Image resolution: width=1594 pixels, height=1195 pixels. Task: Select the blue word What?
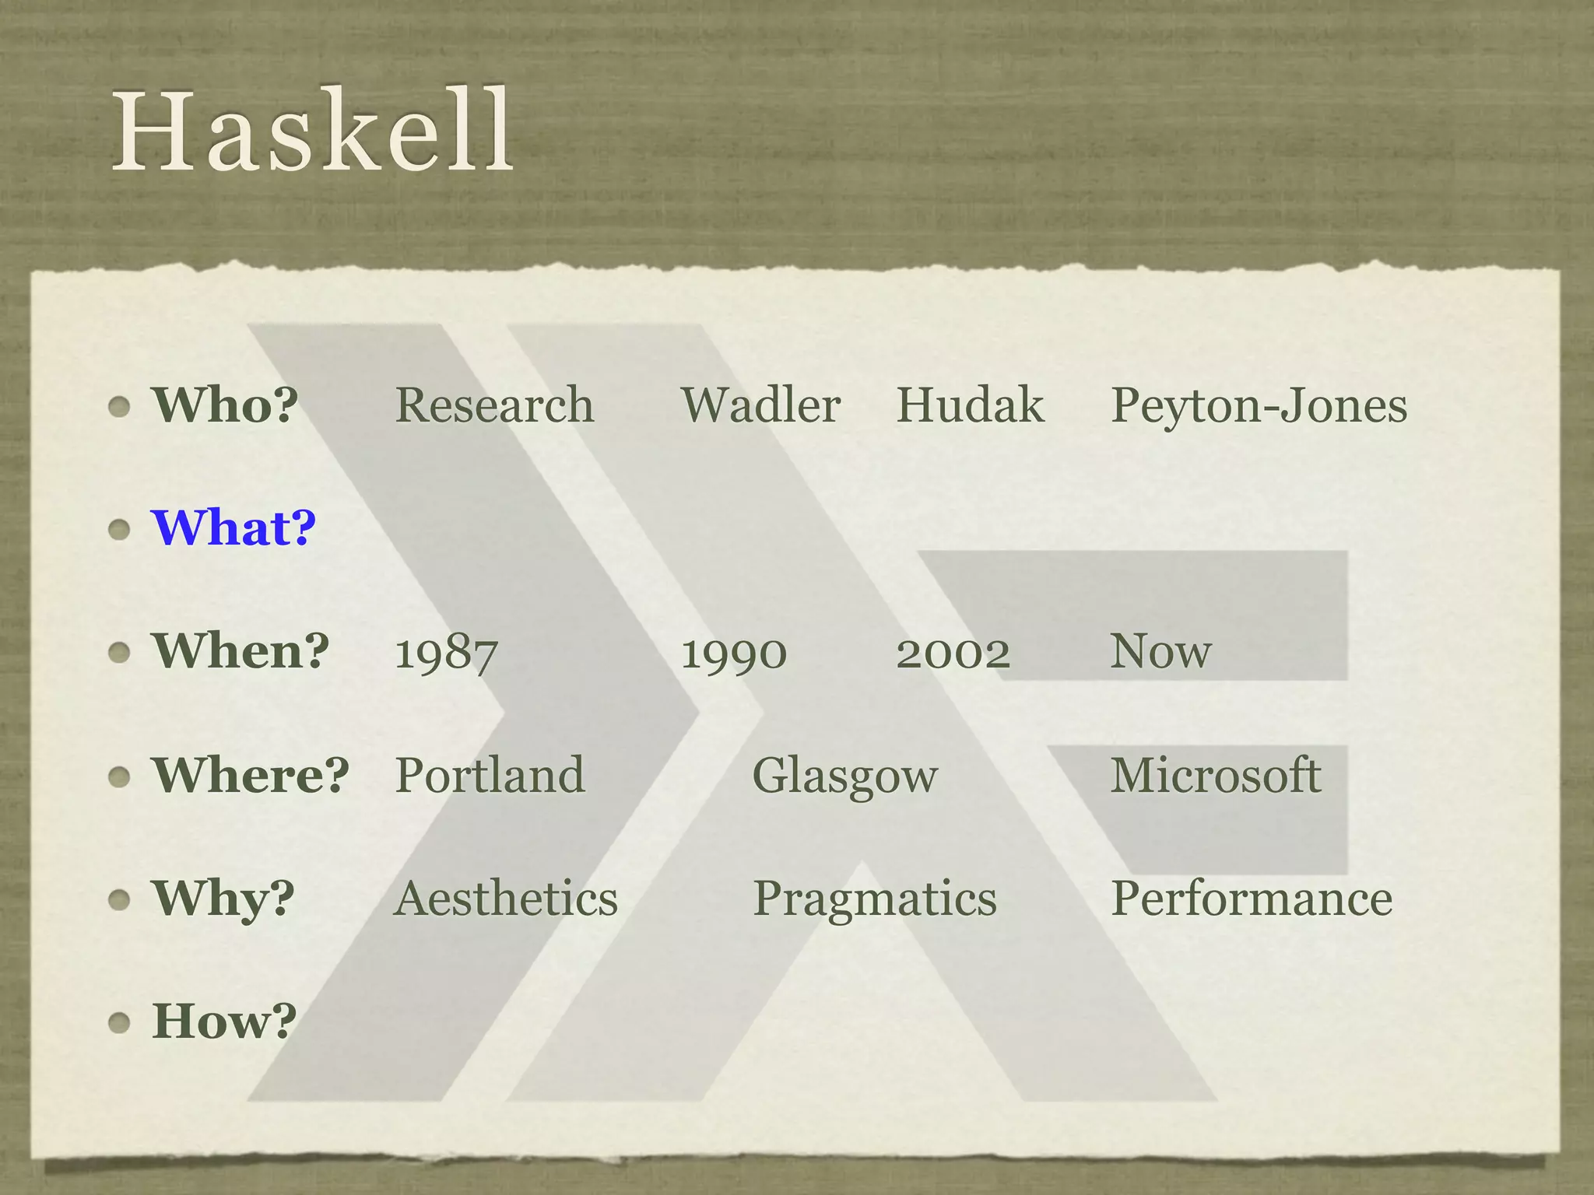tap(233, 528)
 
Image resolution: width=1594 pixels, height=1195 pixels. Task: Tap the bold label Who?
tap(225, 405)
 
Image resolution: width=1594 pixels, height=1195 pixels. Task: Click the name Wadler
tap(760, 405)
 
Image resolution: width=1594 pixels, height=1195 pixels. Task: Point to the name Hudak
tap(970, 405)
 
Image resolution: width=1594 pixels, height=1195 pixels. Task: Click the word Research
tap(494, 405)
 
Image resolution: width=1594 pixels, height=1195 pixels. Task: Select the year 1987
tap(446, 652)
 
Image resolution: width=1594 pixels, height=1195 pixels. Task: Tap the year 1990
tap(734, 652)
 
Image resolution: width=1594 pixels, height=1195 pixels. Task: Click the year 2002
tap(953, 652)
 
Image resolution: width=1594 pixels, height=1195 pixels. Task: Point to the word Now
tap(1160, 652)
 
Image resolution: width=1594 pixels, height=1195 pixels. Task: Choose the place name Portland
tap(490, 775)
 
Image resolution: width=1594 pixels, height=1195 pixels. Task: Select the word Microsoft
tap(1215, 775)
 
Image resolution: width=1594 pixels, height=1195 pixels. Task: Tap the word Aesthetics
tap(506, 899)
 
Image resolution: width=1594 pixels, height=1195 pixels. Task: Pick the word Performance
tap(1252, 899)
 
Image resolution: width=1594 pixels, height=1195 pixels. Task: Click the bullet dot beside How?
tap(119, 1022)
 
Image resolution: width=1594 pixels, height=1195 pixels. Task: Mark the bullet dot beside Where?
tap(119, 776)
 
